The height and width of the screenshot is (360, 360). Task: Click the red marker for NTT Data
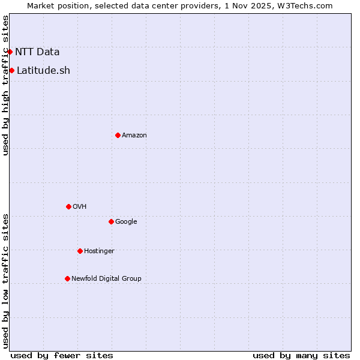pyautogui.click(x=10, y=52)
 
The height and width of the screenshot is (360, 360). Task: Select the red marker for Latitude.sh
pyautogui.click(x=11, y=71)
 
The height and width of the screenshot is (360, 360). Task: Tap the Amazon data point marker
pyautogui.click(x=118, y=135)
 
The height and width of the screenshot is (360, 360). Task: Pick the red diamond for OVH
pyautogui.click(x=68, y=206)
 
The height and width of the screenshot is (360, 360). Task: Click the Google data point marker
pyautogui.click(x=111, y=221)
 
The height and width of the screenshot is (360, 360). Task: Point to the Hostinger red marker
pyautogui.click(x=80, y=251)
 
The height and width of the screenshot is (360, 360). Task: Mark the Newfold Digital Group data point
pyautogui.click(x=67, y=278)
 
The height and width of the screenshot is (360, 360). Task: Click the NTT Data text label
pyautogui.click(x=37, y=52)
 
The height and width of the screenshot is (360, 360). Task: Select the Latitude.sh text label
pyautogui.click(x=43, y=71)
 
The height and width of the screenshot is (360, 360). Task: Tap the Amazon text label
pyautogui.click(x=134, y=136)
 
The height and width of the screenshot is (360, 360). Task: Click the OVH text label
pyautogui.click(x=80, y=207)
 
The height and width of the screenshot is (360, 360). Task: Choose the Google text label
pyautogui.click(x=126, y=222)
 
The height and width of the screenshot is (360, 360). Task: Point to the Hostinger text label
pyautogui.click(x=99, y=251)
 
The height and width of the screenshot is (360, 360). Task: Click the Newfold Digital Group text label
pyautogui.click(x=106, y=279)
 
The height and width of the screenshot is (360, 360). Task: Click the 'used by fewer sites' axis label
pyautogui.click(x=62, y=355)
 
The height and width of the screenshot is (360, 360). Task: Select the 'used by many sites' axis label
pyautogui.click(x=301, y=355)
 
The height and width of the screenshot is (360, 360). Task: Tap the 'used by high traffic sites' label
pyautogui.click(x=6, y=85)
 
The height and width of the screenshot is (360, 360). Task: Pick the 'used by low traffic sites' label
pyautogui.click(x=6, y=280)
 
